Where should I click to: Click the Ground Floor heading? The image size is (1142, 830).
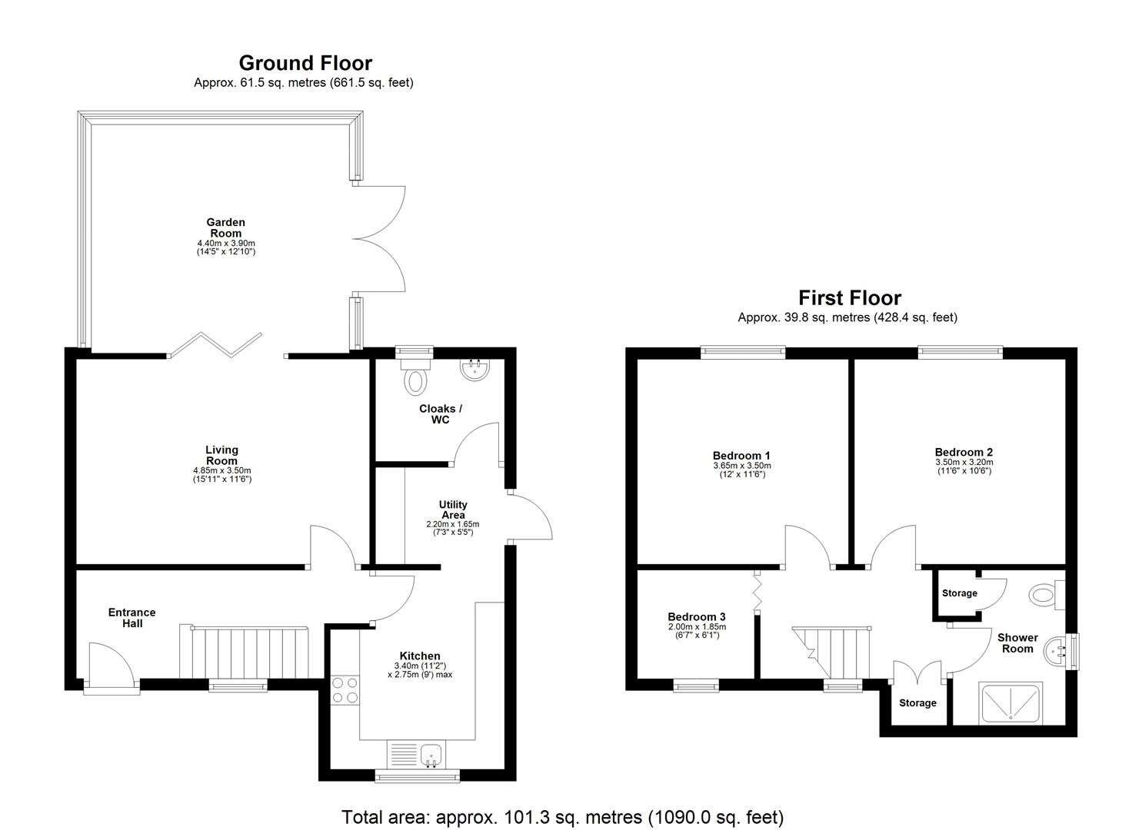coord(305,63)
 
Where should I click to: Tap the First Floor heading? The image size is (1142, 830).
coord(849,297)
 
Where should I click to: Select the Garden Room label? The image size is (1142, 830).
coord(225,227)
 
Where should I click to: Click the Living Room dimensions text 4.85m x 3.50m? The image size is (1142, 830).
coord(221,470)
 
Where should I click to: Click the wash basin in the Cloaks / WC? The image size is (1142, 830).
coord(474,370)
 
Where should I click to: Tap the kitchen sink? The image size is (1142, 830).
coord(431,754)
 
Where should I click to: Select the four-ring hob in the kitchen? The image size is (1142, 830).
coord(344,689)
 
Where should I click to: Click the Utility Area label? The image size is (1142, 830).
coord(453,510)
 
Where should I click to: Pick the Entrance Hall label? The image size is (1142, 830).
coord(132,618)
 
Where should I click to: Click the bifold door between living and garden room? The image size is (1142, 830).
coord(216,346)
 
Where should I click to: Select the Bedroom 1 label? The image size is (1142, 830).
coord(741,455)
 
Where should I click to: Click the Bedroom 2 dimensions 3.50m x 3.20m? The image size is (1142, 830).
coord(964,462)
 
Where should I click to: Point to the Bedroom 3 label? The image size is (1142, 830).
coord(696,616)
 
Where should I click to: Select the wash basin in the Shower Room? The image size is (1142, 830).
coord(1058,652)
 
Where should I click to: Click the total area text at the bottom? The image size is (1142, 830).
coord(562,816)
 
